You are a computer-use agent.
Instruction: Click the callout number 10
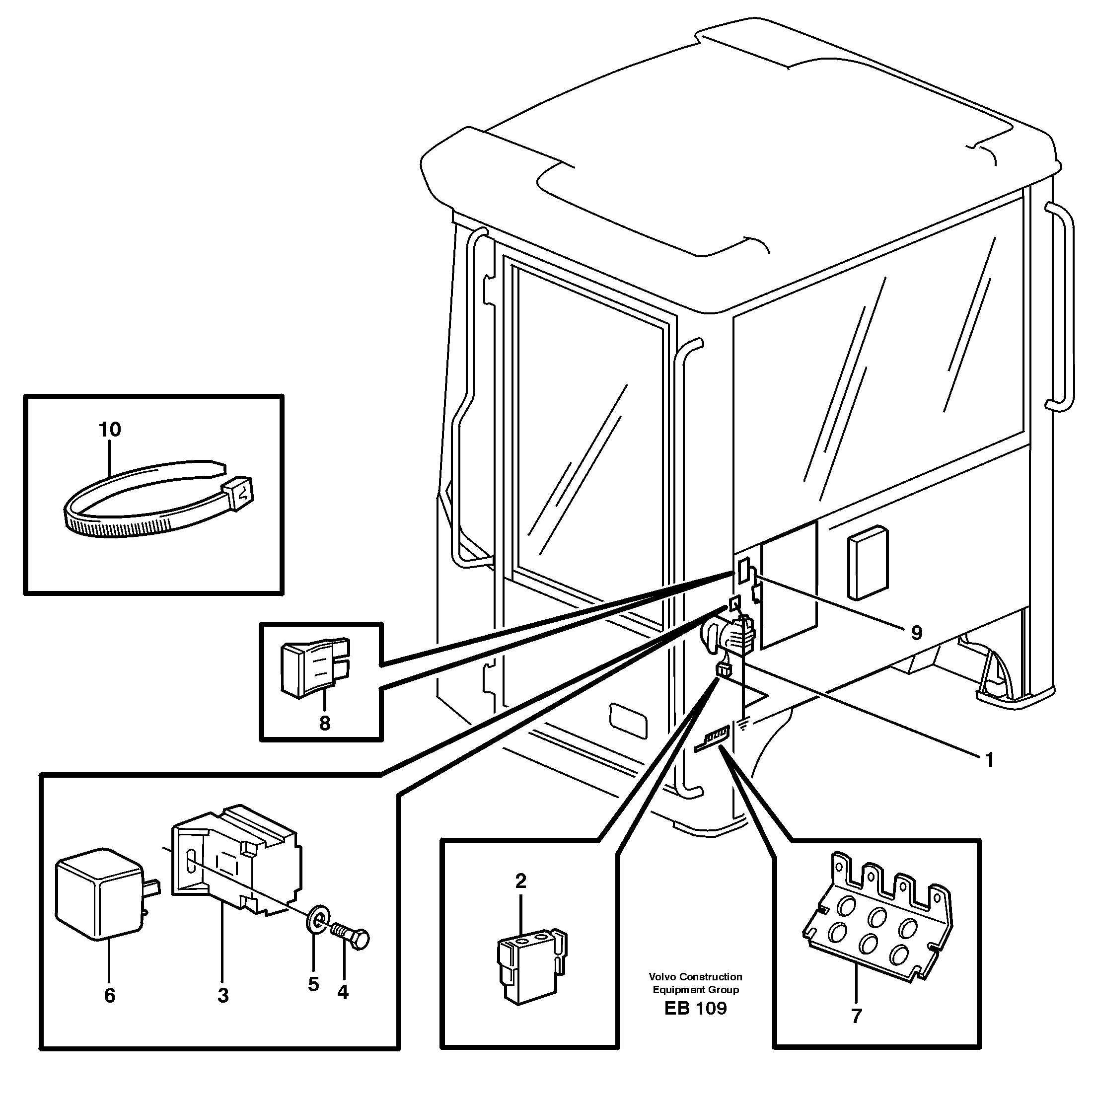(x=110, y=430)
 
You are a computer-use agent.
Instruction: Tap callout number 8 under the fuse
(x=325, y=723)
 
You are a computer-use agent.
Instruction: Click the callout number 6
(x=110, y=995)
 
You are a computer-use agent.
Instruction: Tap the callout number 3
(x=223, y=995)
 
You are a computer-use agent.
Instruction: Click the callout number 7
(x=856, y=1016)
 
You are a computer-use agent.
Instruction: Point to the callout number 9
(x=916, y=633)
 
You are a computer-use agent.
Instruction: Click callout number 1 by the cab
(x=990, y=760)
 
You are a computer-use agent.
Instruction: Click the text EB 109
(x=695, y=1009)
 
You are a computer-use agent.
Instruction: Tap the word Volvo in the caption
(x=663, y=976)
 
